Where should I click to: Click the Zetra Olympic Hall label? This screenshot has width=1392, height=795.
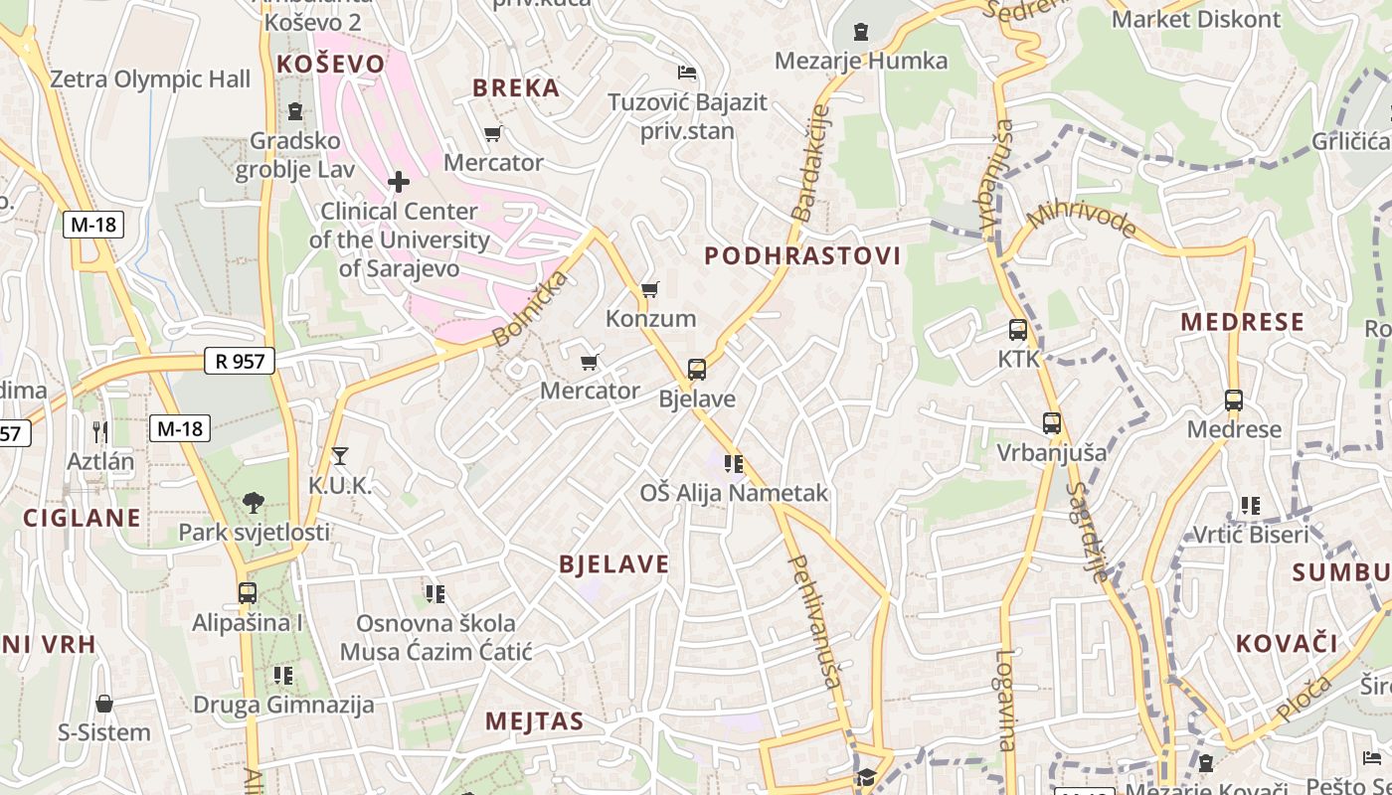tap(150, 79)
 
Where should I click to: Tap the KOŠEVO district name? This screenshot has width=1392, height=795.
tap(330, 65)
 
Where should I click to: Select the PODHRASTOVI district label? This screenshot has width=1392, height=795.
tap(802, 256)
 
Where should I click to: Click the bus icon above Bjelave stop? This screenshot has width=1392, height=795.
tap(697, 370)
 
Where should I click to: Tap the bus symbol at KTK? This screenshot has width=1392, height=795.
tap(1017, 330)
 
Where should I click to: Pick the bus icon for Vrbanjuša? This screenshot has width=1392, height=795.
tap(1052, 423)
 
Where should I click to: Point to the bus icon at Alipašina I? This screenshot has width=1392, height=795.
tap(248, 593)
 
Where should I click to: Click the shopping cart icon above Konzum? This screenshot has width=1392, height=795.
tap(650, 289)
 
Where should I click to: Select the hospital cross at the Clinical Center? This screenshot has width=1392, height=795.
tap(399, 182)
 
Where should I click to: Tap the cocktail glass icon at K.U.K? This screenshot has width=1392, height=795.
tap(340, 456)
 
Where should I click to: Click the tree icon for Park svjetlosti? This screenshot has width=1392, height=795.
tap(254, 503)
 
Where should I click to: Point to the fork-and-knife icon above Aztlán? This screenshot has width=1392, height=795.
tap(99, 431)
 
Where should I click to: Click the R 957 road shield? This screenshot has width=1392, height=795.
tap(240, 361)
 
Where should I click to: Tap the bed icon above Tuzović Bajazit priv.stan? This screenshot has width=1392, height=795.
tap(686, 73)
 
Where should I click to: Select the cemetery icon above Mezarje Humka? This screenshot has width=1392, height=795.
tap(861, 32)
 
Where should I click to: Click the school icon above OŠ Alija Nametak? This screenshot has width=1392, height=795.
tap(735, 463)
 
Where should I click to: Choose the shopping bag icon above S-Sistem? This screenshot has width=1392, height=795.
tap(104, 705)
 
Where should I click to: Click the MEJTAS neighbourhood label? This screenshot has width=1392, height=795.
tap(534, 721)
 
